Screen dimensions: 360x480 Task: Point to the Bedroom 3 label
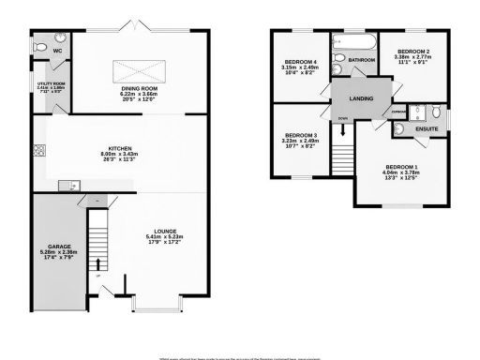click(x=300, y=140)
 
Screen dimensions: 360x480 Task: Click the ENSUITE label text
click(x=427, y=128)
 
